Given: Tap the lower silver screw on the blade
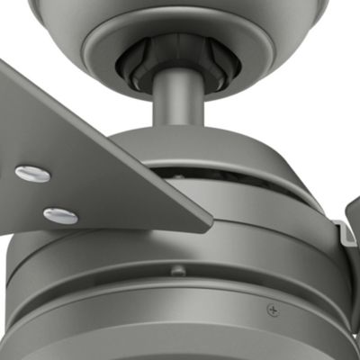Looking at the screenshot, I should pos(59,214).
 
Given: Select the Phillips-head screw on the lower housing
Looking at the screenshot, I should pos(272,310).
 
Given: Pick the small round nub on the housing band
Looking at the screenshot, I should pos(178,269).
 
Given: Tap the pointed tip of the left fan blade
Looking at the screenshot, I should pos(209,218).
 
